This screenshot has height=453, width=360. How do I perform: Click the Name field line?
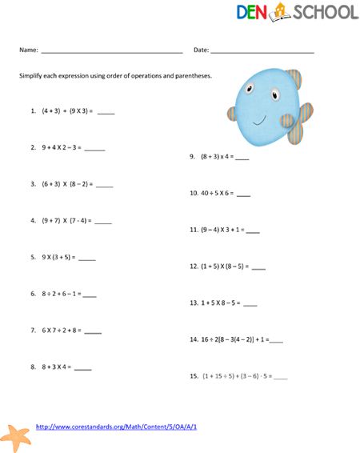point(111,52)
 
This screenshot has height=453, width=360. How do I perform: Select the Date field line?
point(262,52)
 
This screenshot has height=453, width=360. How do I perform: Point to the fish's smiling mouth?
point(259,121)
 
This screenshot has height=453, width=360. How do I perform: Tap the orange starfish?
point(17,437)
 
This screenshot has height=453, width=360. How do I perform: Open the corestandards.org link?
point(117,427)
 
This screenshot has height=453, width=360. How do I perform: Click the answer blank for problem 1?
point(106,114)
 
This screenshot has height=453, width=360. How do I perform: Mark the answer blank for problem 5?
point(87,259)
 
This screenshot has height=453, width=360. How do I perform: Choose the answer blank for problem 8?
point(82,369)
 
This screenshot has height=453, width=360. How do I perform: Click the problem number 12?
point(194,266)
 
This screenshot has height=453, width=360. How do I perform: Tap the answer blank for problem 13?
point(250,305)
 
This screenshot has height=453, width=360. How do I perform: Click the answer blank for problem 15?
point(280,376)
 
